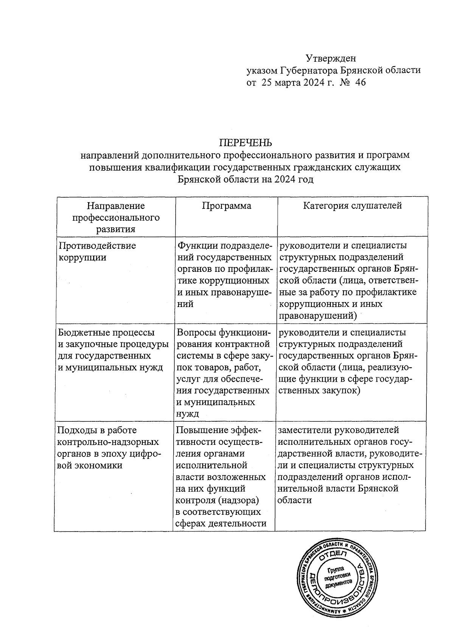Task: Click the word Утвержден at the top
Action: pyautogui.click(x=331, y=58)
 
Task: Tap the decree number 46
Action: pyautogui.click(x=361, y=82)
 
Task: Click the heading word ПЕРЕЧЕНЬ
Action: pyautogui.click(x=246, y=143)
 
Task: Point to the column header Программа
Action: pyautogui.click(x=226, y=206)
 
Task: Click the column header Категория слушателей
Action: pyautogui.click(x=352, y=206)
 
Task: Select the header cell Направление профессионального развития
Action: pyautogui.click(x=116, y=217)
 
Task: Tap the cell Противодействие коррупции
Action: pyautogui.click(x=97, y=251)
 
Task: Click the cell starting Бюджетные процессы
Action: pyautogui.click(x=112, y=350)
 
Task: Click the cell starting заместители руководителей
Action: pyautogui.click(x=350, y=465)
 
